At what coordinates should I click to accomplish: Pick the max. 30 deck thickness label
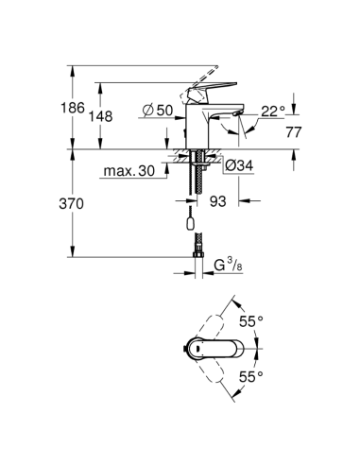[x=128, y=171]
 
